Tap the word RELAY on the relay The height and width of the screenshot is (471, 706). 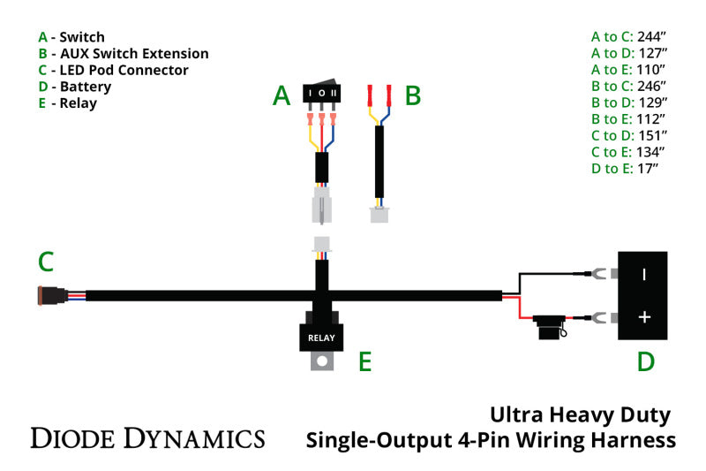(x=321, y=338)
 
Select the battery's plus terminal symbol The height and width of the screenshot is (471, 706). (x=644, y=316)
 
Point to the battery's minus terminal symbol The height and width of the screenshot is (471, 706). (x=644, y=275)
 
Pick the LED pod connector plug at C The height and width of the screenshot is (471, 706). (x=46, y=295)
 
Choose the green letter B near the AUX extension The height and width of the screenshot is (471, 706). (x=412, y=96)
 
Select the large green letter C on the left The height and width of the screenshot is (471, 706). (x=46, y=262)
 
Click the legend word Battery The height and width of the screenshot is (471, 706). (x=86, y=87)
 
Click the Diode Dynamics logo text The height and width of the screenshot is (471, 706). (x=147, y=437)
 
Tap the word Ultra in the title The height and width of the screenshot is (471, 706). (x=522, y=414)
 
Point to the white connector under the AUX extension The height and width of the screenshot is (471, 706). (x=380, y=214)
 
